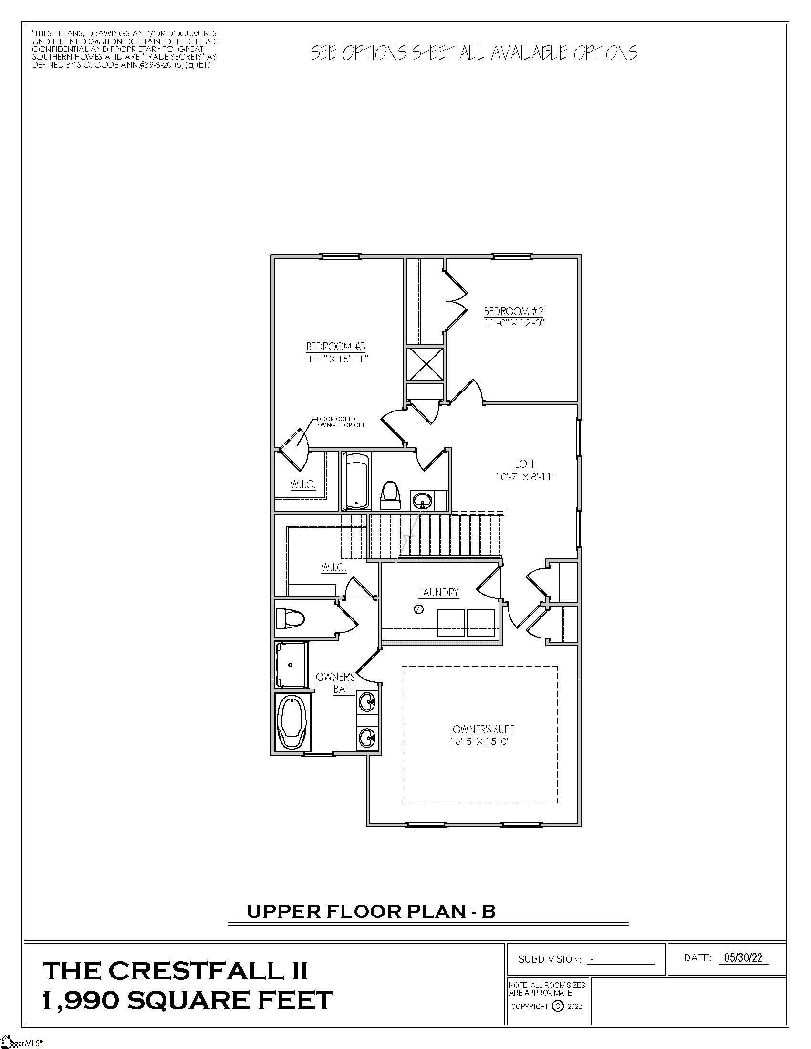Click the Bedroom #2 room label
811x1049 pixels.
[x=513, y=311]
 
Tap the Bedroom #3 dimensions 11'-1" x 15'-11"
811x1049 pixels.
[x=336, y=359]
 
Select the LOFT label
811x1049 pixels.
[x=525, y=464]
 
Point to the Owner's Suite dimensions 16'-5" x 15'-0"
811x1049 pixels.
[x=479, y=741]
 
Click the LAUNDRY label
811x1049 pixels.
[x=438, y=593]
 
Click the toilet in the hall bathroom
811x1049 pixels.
[x=390, y=496]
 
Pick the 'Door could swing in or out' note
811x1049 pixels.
[x=340, y=422]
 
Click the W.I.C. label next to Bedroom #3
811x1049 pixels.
[x=302, y=484]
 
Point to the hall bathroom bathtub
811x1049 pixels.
[x=356, y=482]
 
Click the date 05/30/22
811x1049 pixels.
[x=743, y=958]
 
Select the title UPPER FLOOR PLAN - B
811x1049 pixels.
[x=371, y=911]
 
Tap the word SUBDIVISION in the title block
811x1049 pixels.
[x=550, y=959]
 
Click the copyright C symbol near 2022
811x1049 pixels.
[x=558, y=1006]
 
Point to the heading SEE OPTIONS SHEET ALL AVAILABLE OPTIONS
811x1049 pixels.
[x=474, y=53]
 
